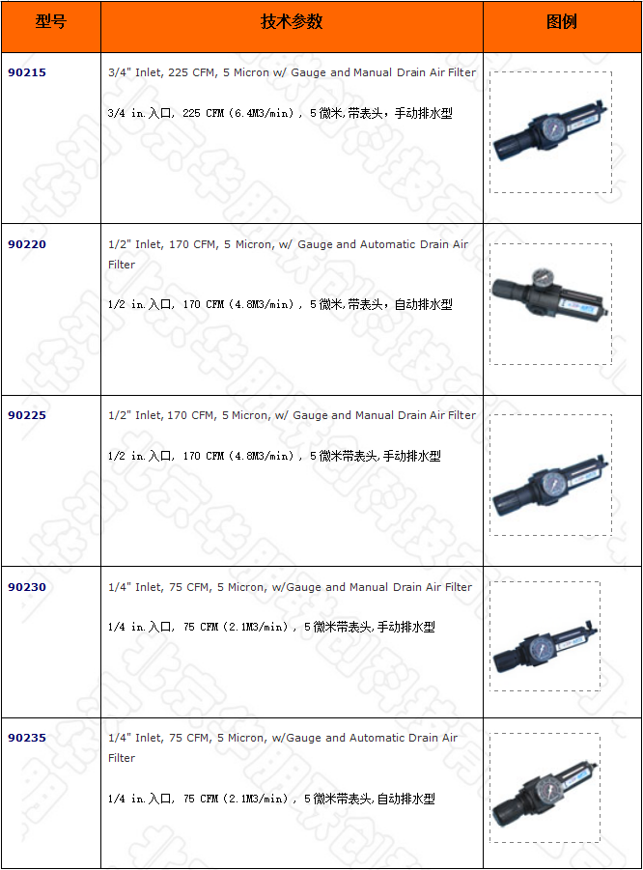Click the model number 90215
pyautogui.click(x=26, y=72)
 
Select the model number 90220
pyautogui.click(x=26, y=244)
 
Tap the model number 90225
pyautogui.click(x=26, y=415)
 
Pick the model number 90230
pyautogui.click(x=26, y=587)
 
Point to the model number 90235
pyautogui.click(x=26, y=738)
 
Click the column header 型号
pyautogui.click(x=50, y=22)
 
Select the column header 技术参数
pyautogui.click(x=292, y=22)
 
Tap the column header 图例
pyautogui.click(x=562, y=22)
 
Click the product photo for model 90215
pyautogui.click(x=549, y=132)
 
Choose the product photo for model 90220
pyautogui.click(x=549, y=303)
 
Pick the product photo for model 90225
pyautogui.click(x=549, y=475)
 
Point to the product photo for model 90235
pyautogui.click(x=545, y=788)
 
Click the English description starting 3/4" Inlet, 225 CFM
pyautogui.click(x=292, y=72)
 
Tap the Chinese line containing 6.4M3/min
pyautogui.click(x=280, y=113)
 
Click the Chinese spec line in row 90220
pyautogui.click(x=280, y=304)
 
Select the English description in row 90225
pyautogui.click(x=292, y=415)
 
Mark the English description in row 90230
pyautogui.click(x=290, y=587)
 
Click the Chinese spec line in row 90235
pyautogui.click(x=271, y=799)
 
